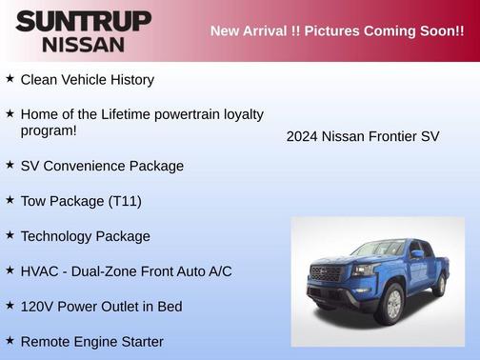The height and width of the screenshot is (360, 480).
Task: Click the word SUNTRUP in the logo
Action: (83, 21)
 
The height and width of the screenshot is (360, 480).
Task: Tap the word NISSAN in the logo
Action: (83, 44)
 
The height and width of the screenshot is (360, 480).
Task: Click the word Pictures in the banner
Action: (338, 31)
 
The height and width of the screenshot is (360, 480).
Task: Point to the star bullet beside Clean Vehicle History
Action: (10, 79)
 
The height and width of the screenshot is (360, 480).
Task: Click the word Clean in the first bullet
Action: (39, 80)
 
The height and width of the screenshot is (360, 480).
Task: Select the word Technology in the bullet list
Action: (58, 236)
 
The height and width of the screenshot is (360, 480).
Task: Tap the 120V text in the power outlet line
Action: (37, 307)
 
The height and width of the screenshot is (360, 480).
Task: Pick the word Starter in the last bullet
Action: (139, 341)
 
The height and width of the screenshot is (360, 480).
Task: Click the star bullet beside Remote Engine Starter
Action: (10, 340)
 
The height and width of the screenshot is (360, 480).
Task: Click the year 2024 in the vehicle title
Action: (302, 136)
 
